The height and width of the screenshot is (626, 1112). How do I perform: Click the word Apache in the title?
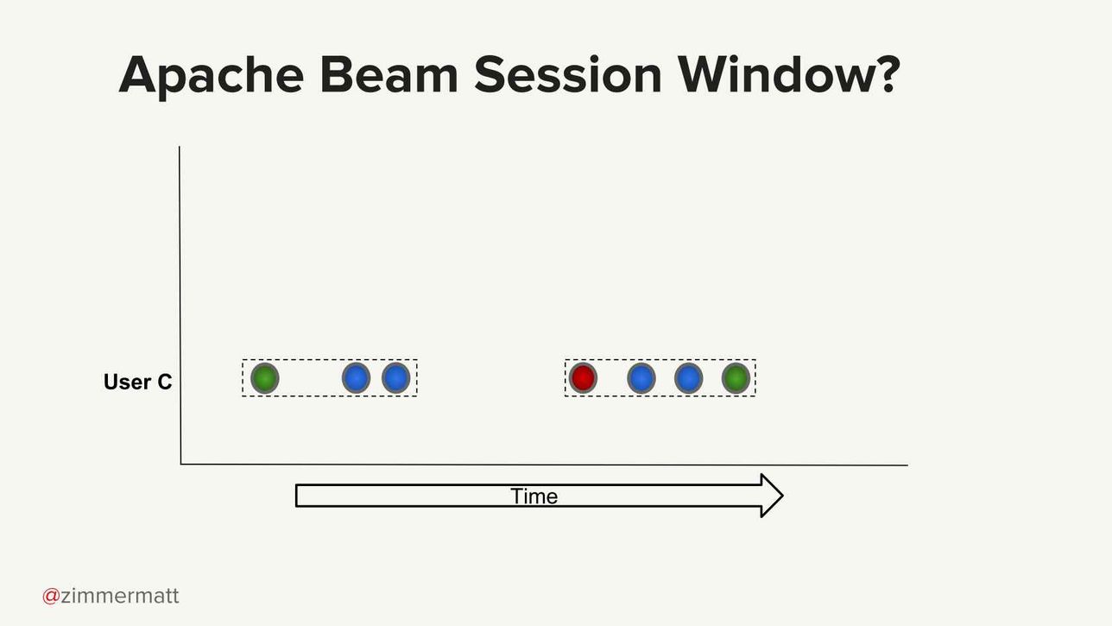212,75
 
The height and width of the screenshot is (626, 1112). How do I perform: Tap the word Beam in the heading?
389,74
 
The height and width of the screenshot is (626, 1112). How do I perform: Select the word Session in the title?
568,74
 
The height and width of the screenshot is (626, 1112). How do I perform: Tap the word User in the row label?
127,382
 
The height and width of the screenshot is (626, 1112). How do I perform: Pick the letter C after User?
164,382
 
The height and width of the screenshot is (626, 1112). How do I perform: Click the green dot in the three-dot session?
264,378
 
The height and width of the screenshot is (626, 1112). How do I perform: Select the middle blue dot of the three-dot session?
356,378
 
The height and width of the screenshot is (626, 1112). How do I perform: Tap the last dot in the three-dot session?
395,378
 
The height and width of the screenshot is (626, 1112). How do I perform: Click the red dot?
583,378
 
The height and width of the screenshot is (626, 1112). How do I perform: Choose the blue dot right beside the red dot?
641,378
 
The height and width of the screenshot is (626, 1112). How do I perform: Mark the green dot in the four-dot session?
736,378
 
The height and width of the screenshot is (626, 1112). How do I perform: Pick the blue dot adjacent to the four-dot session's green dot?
688,378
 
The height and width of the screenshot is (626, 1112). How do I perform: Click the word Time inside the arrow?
534,496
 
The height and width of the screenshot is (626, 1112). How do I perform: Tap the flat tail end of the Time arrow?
296,496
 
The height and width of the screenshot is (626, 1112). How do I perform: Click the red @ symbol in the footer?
51,596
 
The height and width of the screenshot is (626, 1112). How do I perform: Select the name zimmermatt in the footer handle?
120,595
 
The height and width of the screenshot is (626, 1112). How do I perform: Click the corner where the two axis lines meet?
180,465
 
